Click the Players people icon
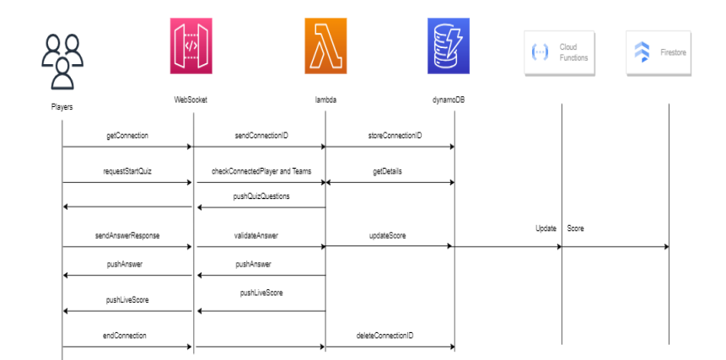(x=62, y=61)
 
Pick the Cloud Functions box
(x=561, y=53)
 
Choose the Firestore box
(x=661, y=53)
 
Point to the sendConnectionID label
(x=260, y=135)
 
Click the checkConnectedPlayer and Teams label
(x=261, y=170)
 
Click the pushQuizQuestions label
(x=261, y=196)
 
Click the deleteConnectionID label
(x=390, y=336)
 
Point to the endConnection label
(x=126, y=336)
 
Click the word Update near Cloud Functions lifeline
(x=546, y=228)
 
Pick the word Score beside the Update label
(x=576, y=228)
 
